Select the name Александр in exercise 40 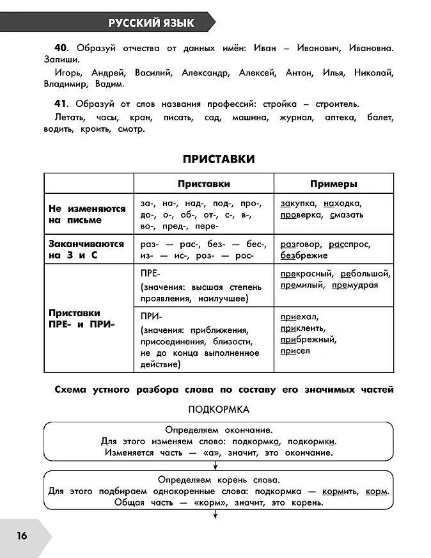(205, 73)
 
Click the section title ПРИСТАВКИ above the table (218, 159)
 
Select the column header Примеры (333, 184)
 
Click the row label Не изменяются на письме (75, 214)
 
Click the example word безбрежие (302, 255)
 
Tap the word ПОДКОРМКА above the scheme (219, 408)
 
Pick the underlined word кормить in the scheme (340, 491)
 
